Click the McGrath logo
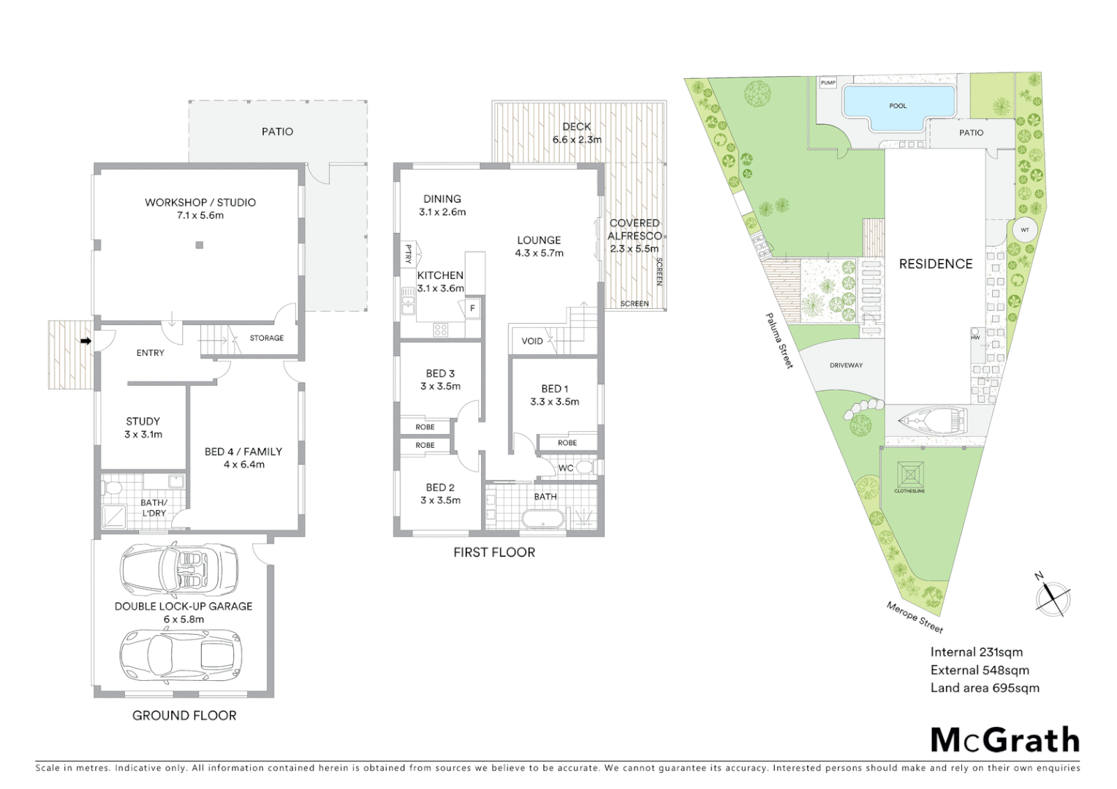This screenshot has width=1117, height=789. point(1004,740)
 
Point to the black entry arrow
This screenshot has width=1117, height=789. point(86,340)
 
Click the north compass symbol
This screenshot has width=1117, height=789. point(1053,597)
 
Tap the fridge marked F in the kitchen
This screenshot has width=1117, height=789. point(472,308)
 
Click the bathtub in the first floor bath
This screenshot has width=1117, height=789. point(542,520)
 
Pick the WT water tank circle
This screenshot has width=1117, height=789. point(1024,230)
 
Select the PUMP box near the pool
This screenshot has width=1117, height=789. point(828,83)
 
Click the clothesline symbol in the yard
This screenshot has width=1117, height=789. point(910,476)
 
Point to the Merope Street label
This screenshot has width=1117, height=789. point(915,617)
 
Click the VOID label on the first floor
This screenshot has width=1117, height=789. point(532,341)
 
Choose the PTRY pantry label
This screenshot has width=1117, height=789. point(408,254)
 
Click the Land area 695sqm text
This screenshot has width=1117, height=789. point(984,687)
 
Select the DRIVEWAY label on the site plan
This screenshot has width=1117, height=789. point(846,365)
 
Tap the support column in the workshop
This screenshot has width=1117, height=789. point(199,245)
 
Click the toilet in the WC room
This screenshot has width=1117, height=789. point(583,468)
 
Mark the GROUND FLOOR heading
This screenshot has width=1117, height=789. point(184,715)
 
